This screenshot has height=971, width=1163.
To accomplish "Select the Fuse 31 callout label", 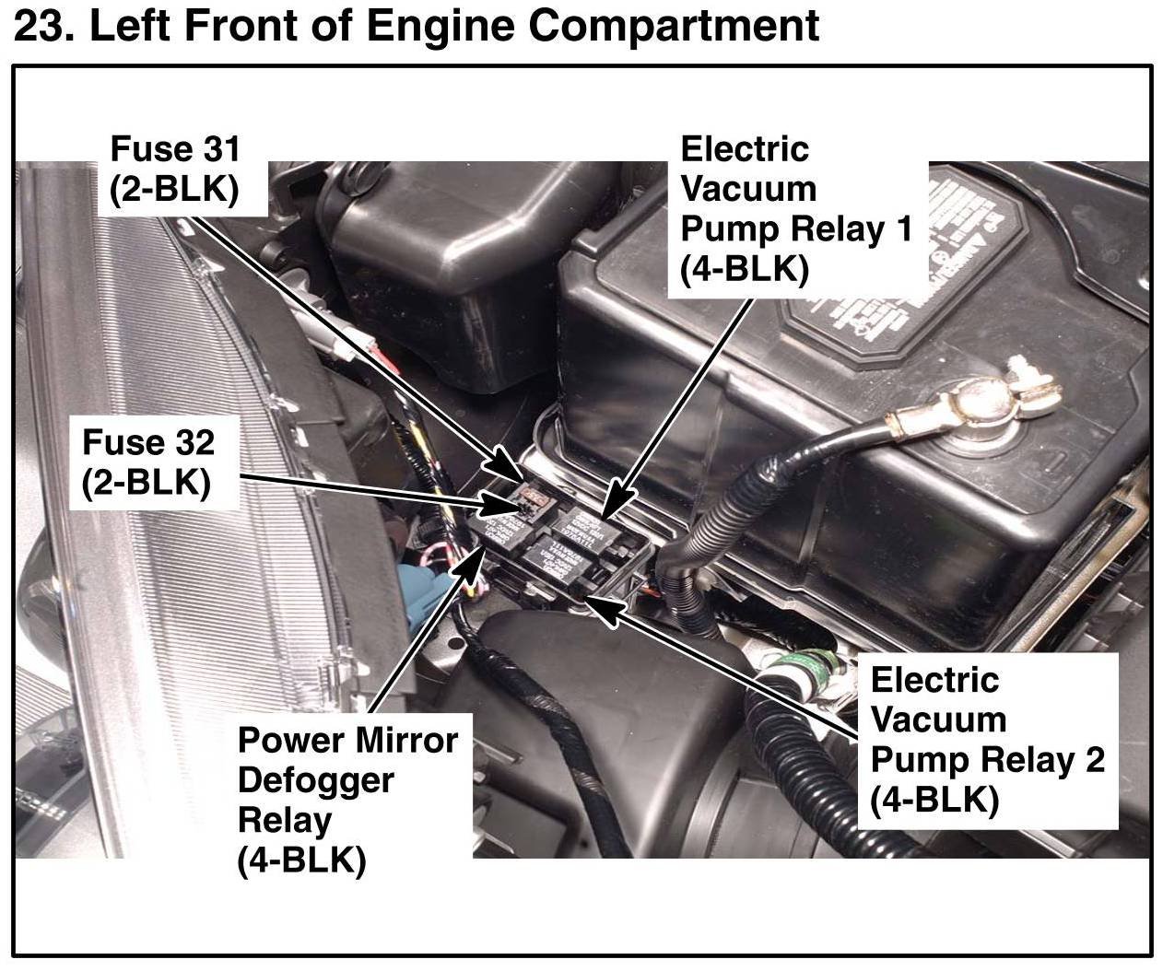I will point(174,169).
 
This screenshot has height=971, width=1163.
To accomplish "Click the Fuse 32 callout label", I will point(147,462).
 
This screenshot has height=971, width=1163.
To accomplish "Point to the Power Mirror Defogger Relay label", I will point(347,800).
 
